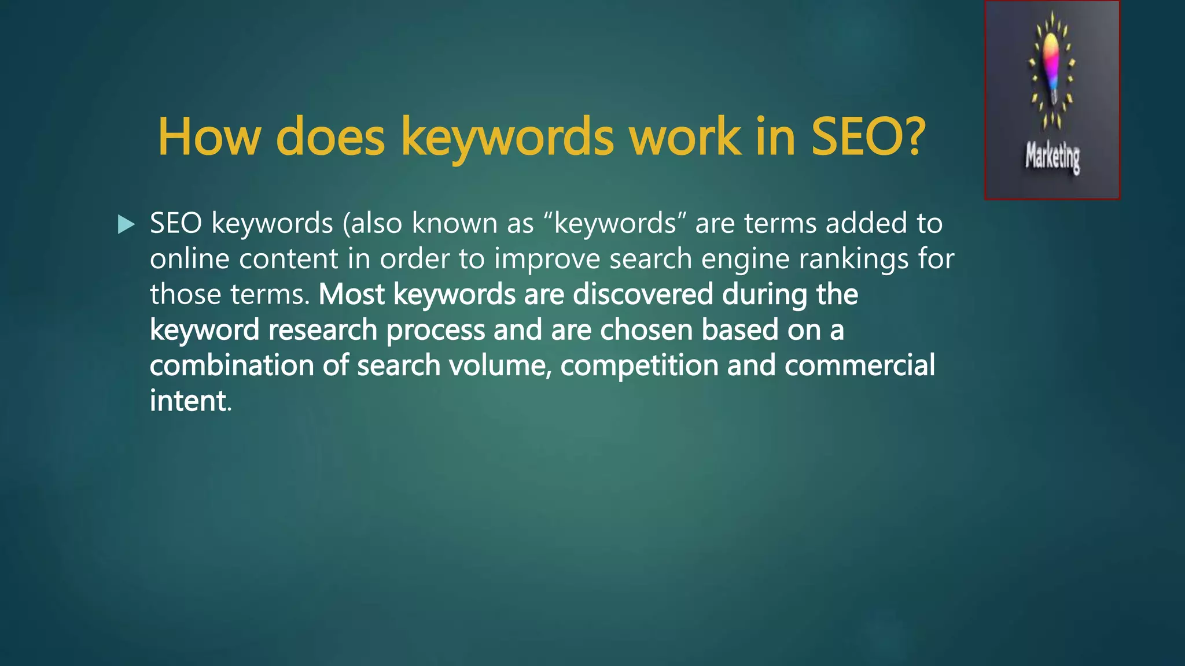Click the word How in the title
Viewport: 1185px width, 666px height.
point(209,137)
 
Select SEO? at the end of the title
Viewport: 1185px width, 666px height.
point(868,137)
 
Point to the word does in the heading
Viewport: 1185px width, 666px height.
point(330,137)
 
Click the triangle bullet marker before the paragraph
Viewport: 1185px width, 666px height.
point(126,224)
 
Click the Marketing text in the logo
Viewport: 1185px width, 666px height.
point(1052,157)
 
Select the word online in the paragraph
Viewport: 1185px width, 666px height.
point(189,258)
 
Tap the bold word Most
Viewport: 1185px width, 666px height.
point(351,294)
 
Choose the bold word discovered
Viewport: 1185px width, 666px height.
point(643,294)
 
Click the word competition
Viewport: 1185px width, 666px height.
point(639,367)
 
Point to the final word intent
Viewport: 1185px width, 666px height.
point(188,401)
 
